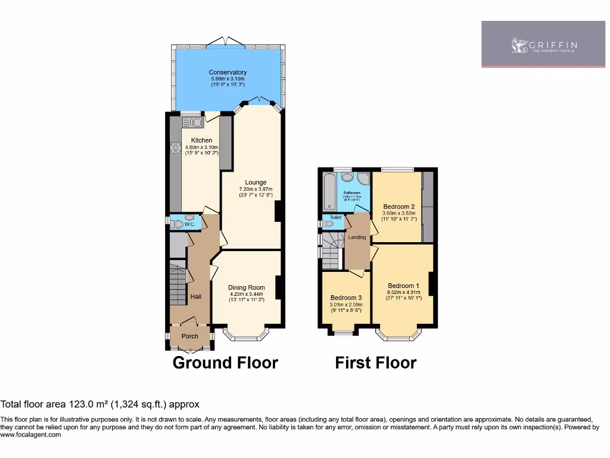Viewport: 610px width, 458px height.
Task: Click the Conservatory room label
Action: (x=228, y=73)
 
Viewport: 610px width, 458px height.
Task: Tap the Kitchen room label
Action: (x=202, y=141)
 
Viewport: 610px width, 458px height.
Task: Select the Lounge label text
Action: (x=256, y=182)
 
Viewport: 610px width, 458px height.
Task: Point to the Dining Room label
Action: (x=246, y=287)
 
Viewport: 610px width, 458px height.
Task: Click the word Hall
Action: (x=195, y=296)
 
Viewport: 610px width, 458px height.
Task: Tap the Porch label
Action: (x=189, y=336)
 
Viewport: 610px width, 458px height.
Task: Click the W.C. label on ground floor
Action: (x=189, y=225)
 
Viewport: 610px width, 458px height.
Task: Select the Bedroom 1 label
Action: (x=404, y=285)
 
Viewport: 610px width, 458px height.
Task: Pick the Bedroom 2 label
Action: (x=399, y=206)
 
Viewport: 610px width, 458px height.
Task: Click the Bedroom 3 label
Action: (x=346, y=298)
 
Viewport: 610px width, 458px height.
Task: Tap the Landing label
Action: (x=357, y=237)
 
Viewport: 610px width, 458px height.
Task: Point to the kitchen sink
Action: (x=192, y=123)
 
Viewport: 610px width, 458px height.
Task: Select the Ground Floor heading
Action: (x=225, y=363)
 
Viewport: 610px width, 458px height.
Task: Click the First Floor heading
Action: (x=375, y=363)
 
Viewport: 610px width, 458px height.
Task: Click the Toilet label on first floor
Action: (x=335, y=218)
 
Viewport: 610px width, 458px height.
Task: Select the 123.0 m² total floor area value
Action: (x=74, y=404)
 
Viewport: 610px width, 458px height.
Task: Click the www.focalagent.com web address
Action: (x=31, y=435)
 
